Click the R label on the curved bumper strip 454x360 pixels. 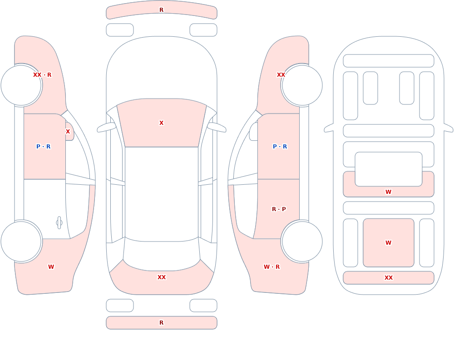(x=162, y=10)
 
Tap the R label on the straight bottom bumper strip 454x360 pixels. (x=162, y=323)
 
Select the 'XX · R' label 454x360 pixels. (x=42, y=75)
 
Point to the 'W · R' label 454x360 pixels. (x=271, y=267)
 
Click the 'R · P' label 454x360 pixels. (x=279, y=209)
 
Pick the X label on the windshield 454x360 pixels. (x=162, y=123)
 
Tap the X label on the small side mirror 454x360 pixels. (x=68, y=132)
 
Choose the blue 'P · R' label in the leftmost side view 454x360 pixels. (x=44, y=147)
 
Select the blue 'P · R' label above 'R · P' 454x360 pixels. (x=280, y=147)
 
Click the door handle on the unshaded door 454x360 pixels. (x=59, y=223)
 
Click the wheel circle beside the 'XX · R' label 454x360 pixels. (x=21, y=85)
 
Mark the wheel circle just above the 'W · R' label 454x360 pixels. (x=302, y=242)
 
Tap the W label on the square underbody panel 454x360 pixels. (x=389, y=243)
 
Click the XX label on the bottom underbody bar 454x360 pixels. (x=389, y=278)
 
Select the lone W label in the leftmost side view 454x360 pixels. (x=51, y=267)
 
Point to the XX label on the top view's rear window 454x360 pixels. (x=162, y=277)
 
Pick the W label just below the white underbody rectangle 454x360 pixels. (x=389, y=192)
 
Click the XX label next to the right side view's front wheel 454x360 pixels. (x=281, y=75)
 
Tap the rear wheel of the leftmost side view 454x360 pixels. (x=21, y=242)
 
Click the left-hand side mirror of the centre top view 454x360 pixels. (x=106, y=127)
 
